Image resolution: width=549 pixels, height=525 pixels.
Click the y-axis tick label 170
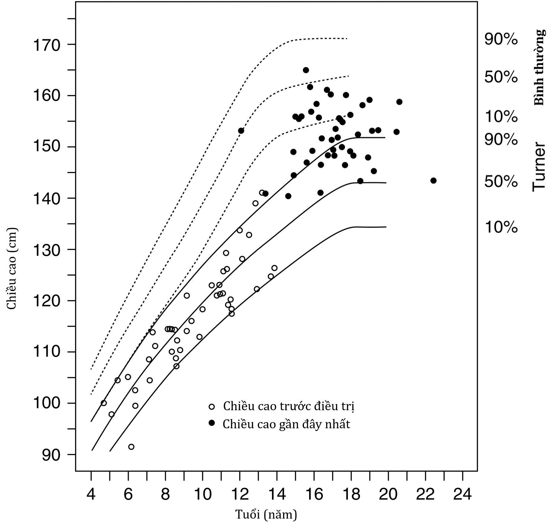click(46, 45)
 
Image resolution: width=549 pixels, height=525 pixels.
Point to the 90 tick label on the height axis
click(51, 456)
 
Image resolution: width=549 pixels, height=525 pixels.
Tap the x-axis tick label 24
click(462, 494)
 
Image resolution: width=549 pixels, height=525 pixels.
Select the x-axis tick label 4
click(91, 494)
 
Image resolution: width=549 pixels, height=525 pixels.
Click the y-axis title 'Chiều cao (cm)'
click(12, 269)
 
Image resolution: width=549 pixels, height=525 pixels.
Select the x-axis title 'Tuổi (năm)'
click(266, 514)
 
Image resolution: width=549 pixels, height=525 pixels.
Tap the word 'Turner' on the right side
click(539, 167)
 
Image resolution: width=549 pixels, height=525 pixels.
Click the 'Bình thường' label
click(540, 67)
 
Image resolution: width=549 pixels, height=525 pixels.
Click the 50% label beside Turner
click(501, 182)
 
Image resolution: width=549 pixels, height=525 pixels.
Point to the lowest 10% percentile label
click(501, 227)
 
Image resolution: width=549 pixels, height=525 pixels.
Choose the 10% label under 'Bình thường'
click(501, 117)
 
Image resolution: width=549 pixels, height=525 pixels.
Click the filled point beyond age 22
click(433, 181)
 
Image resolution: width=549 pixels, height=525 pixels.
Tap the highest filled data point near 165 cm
click(306, 70)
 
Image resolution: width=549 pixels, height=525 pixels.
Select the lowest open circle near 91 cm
click(131, 447)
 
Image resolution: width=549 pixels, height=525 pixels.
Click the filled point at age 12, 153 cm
click(241, 131)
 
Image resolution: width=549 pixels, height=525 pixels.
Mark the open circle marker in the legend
click(211, 407)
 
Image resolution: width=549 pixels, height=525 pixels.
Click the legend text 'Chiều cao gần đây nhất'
click(286, 424)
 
